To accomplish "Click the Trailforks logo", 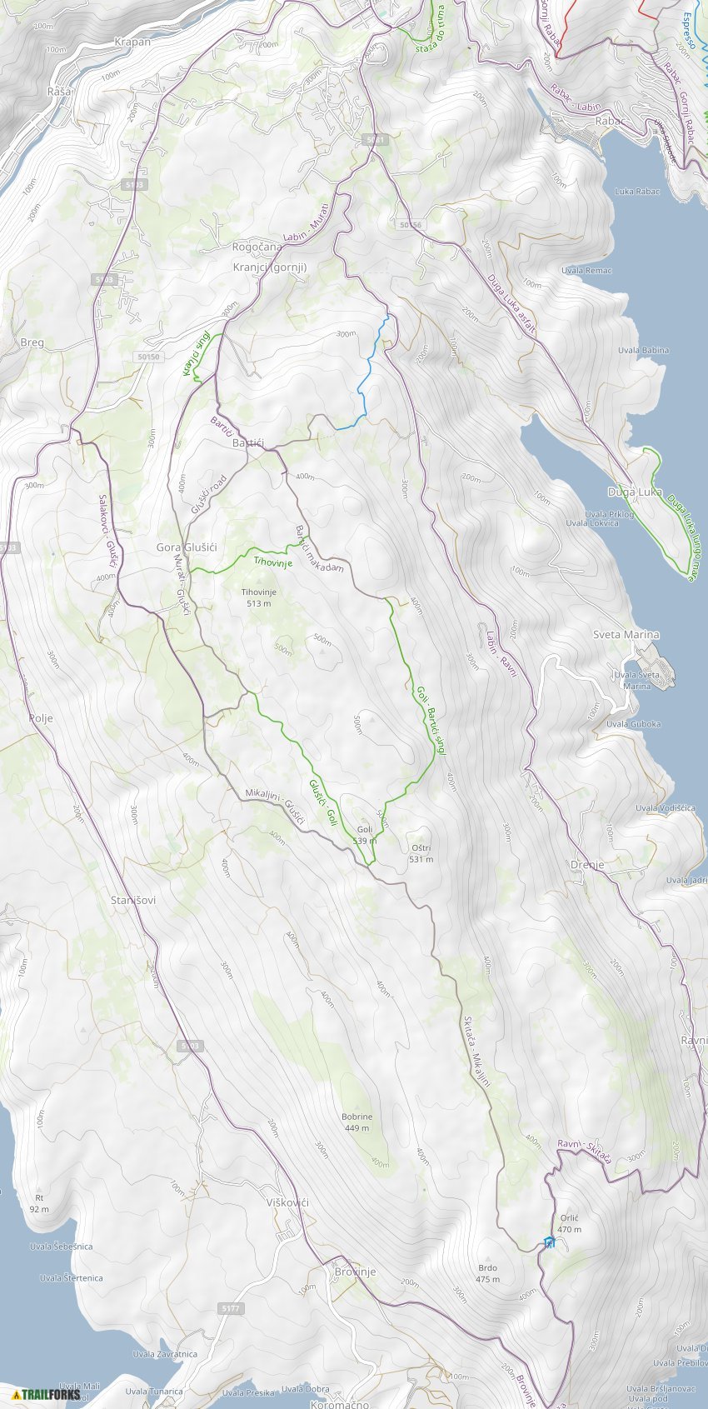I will coord(46,1394).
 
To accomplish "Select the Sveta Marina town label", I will coord(626,635).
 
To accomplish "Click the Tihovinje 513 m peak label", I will coord(258,597).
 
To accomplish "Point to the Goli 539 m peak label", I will coord(365,835).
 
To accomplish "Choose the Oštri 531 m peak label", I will coord(421,853).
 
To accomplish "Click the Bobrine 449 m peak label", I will coord(356,1122).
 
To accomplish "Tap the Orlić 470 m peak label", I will coord(569,1223).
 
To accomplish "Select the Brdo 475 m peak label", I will coord(487,1273).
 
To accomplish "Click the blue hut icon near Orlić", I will coord(549,1242).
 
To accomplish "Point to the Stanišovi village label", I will coord(133,901).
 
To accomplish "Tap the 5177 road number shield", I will coord(231,1309).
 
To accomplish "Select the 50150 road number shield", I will coord(147,357).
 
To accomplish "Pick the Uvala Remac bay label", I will coord(586,271).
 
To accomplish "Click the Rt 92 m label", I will coord(39,1203).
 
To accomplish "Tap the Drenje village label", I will coord(587,865).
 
